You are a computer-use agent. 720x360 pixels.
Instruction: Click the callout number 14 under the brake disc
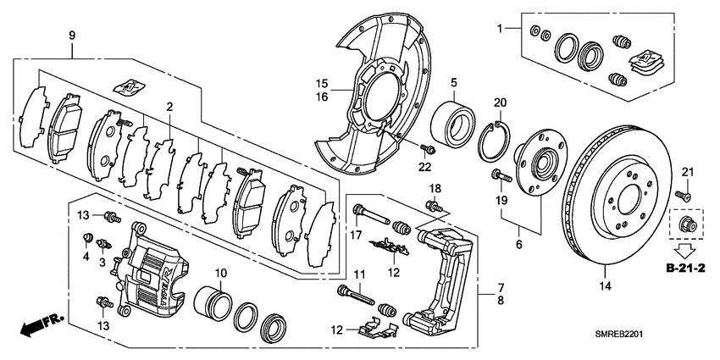pos(605,285)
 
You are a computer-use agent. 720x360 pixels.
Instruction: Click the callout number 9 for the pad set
pos(72,36)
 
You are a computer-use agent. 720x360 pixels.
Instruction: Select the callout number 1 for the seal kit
pos(501,29)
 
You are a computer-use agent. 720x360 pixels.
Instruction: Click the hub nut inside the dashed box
pos(685,225)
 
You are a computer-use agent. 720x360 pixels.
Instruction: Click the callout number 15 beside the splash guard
pos(322,83)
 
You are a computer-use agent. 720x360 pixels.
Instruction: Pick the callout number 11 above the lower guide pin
pos(358,274)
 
